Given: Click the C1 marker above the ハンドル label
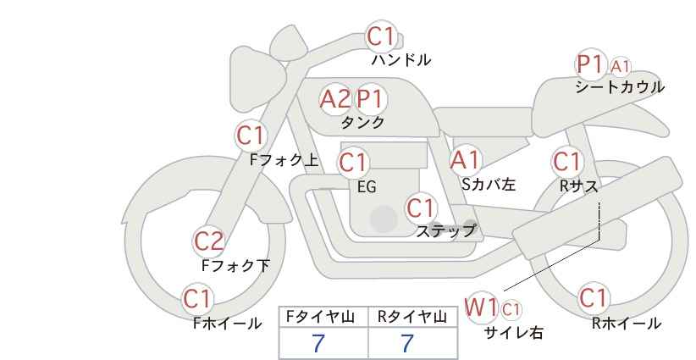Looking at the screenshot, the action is click(x=381, y=36).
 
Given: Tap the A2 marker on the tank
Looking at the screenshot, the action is click(x=335, y=99).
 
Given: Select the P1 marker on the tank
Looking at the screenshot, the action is click(x=371, y=99).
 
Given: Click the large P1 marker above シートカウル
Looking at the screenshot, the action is click(x=591, y=65).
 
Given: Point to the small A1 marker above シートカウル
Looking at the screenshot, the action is click(x=621, y=67).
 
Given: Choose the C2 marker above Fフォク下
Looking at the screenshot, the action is click(x=209, y=242).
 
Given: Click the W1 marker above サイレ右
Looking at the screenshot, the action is click(x=481, y=307).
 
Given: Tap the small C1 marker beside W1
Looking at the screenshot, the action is click(x=511, y=309).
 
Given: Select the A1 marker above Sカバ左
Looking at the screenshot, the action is click(x=466, y=161).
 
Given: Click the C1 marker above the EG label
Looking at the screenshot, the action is click(x=353, y=163).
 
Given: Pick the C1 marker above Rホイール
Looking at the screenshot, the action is click(x=594, y=298).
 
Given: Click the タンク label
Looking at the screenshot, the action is click(x=362, y=123).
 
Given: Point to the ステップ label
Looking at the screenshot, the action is click(x=445, y=231).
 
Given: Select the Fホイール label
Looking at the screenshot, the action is click(x=227, y=324).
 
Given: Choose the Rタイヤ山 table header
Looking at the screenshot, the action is click(x=412, y=317).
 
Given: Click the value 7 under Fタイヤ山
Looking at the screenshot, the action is click(x=318, y=343).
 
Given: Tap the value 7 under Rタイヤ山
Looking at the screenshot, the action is click(x=407, y=343).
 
